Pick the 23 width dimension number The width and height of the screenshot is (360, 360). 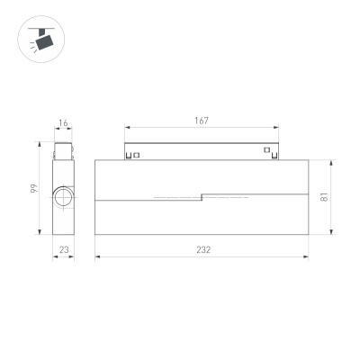(x=63, y=250)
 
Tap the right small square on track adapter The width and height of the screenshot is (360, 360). (x=266, y=150)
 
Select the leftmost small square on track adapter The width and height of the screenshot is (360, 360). (x=129, y=155)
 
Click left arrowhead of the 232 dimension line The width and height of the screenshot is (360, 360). (x=96, y=257)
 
